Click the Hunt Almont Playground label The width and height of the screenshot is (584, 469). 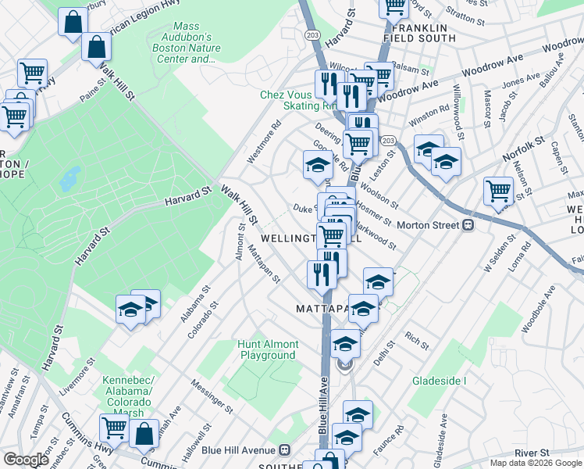pos(268,349)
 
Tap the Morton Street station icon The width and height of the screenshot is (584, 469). pos(470,225)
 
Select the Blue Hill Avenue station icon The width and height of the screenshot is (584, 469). pos(285,449)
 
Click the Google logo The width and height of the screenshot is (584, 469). pos(26,460)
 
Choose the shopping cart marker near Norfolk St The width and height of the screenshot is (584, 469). pos(497,190)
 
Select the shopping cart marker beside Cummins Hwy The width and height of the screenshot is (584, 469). pos(114,427)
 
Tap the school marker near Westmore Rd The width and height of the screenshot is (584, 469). pos(318,165)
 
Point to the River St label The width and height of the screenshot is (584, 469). pos(532,453)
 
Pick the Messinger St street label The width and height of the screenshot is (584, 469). pos(212,397)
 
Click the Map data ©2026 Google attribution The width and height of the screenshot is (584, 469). pos(536,463)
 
